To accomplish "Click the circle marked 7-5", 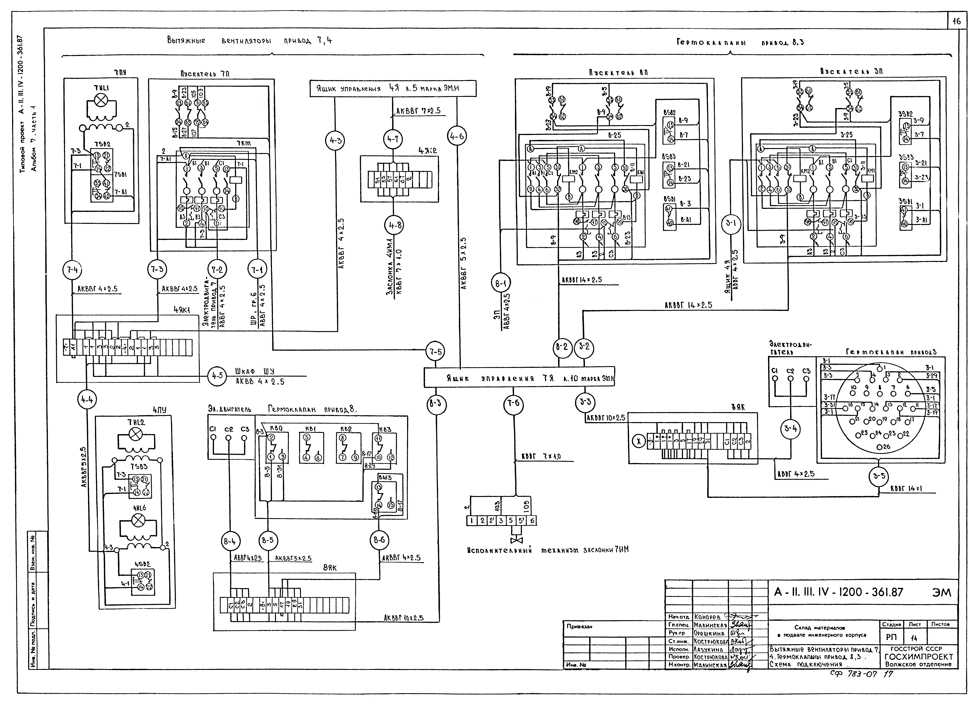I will pyautogui.click(x=435, y=352).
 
